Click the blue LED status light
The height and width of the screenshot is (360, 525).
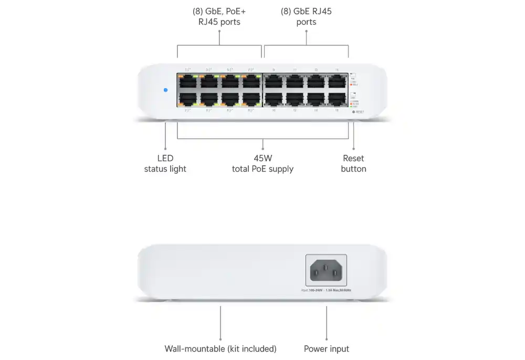coord(166,90)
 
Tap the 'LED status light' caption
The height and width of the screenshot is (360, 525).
coord(165,163)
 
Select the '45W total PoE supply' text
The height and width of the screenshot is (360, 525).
coord(262,163)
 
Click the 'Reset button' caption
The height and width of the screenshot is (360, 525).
coord(353,163)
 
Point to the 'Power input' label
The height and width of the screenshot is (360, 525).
coord(327,348)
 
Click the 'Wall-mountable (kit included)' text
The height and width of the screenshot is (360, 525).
coord(220,348)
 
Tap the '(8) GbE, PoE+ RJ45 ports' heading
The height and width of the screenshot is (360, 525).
coord(219,16)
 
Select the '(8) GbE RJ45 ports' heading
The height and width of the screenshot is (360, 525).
coord(306,16)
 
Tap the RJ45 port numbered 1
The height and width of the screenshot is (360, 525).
coord(188,81)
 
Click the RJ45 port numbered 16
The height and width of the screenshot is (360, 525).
coord(337,99)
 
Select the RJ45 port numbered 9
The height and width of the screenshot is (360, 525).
coord(273,81)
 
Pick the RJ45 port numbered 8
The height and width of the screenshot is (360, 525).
coord(251,99)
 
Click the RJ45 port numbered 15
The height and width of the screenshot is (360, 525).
coord(337,81)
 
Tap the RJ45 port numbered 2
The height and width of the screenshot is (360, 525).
coord(188,99)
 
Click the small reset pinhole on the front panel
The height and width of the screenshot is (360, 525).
coord(353,112)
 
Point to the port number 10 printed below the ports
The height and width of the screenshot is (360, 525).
coord(273,110)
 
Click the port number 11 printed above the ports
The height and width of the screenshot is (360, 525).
coord(295,70)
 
